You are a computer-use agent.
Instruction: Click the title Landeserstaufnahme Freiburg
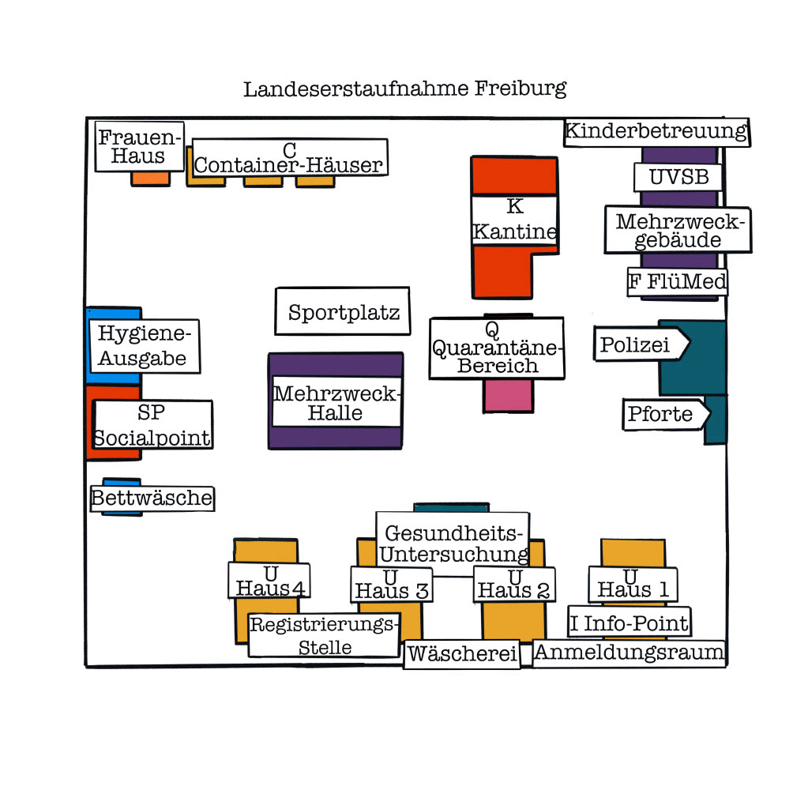click(x=404, y=88)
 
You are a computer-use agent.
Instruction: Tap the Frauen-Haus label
click(x=139, y=147)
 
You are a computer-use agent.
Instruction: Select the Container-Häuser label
click(x=289, y=158)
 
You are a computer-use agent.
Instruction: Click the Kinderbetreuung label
click(x=656, y=131)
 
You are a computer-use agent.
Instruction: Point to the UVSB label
click(x=678, y=177)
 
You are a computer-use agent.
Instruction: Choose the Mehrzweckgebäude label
click(x=678, y=231)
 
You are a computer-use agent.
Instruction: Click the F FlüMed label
click(x=677, y=281)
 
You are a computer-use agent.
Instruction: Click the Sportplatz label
click(x=343, y=312)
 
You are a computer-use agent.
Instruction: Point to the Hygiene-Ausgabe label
click(x=143, y=346)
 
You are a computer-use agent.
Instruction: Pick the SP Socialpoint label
click(x=152, y=425)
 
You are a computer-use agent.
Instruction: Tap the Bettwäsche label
click(x=152, y=499)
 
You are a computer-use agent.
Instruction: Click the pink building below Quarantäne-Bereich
click(x=508, y=396)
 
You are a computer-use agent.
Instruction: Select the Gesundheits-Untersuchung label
click(x=453, y=543)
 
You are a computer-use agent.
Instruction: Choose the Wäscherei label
click(x=462, y=655)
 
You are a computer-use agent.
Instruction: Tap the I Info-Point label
click(x=629, y=623)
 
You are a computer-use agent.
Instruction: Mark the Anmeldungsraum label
click(x=629, y=653)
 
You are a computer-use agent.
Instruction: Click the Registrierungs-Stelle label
click(x=325, y=635)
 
